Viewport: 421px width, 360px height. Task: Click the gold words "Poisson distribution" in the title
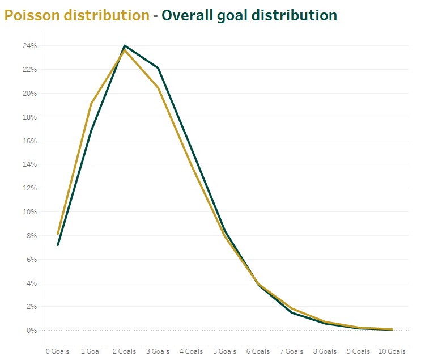[76, 15]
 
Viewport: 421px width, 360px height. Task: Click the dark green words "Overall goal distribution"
[249, 15]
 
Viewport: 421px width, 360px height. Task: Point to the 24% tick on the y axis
[31, 46]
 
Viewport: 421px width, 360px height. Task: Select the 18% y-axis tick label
[31, 117]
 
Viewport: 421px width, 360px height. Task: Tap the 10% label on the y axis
[31, 212]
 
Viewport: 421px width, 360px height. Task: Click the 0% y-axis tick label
[32, 331]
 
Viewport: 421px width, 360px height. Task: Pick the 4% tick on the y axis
[32, 283]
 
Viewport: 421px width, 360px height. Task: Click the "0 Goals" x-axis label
[57, 351]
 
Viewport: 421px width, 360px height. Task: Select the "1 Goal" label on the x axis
[91, 351]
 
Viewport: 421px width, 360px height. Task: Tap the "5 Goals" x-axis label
[225, 351]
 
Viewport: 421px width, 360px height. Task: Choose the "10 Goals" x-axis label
[392, 351]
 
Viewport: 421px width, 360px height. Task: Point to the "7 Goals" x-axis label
[292, 351]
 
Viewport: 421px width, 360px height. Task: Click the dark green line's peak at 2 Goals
[125, 46]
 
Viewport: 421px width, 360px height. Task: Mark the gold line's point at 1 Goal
[91, 104]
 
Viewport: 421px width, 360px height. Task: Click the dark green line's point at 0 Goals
[57, 245]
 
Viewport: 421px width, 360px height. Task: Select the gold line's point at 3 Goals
[158, 88]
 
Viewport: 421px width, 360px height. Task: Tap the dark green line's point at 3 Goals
[158, 68]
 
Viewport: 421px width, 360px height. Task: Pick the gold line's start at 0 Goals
[57, 234]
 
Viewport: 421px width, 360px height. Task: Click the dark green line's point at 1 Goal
[91, 131]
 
